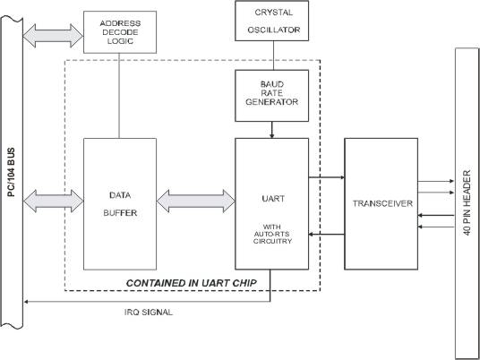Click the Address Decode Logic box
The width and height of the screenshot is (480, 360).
click(x=120, y=32)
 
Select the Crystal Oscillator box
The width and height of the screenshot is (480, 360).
click(x=272, y=21)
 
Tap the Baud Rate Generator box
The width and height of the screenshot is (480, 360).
click(x=272, y=96)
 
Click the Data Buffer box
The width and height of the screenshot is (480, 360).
click(x=120, y=204)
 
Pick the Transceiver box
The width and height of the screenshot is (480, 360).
click(x=381, y=204)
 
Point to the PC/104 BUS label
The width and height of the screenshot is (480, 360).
click(x=11, y=172)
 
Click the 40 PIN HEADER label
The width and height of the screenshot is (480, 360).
click(x=467, y=202)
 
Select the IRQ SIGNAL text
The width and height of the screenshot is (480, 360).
click(x=148, y=313)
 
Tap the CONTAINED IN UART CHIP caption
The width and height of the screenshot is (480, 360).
click(x=192, y=283)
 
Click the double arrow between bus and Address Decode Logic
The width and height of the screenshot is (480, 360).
click(x=53, y=36)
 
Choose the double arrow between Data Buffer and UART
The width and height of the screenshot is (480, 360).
click(x=196, y=201)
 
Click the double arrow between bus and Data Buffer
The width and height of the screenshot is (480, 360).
click(x=53, y=201)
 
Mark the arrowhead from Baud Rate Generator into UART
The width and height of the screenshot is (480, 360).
click(x=272, y=135)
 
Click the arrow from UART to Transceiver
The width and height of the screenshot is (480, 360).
click(x=327, y=177)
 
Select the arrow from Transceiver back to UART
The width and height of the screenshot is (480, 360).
click(x=327, y=235)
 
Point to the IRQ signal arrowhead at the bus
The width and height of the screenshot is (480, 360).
click(x=26, y=302)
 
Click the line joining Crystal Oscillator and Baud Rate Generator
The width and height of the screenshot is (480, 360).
click(x=273, y=56)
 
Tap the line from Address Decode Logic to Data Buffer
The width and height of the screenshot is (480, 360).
click(x=119, y=96)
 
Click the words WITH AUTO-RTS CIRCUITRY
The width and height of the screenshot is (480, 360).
click(x=272, y=235)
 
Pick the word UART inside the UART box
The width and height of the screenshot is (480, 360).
click(x=273, y=199)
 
